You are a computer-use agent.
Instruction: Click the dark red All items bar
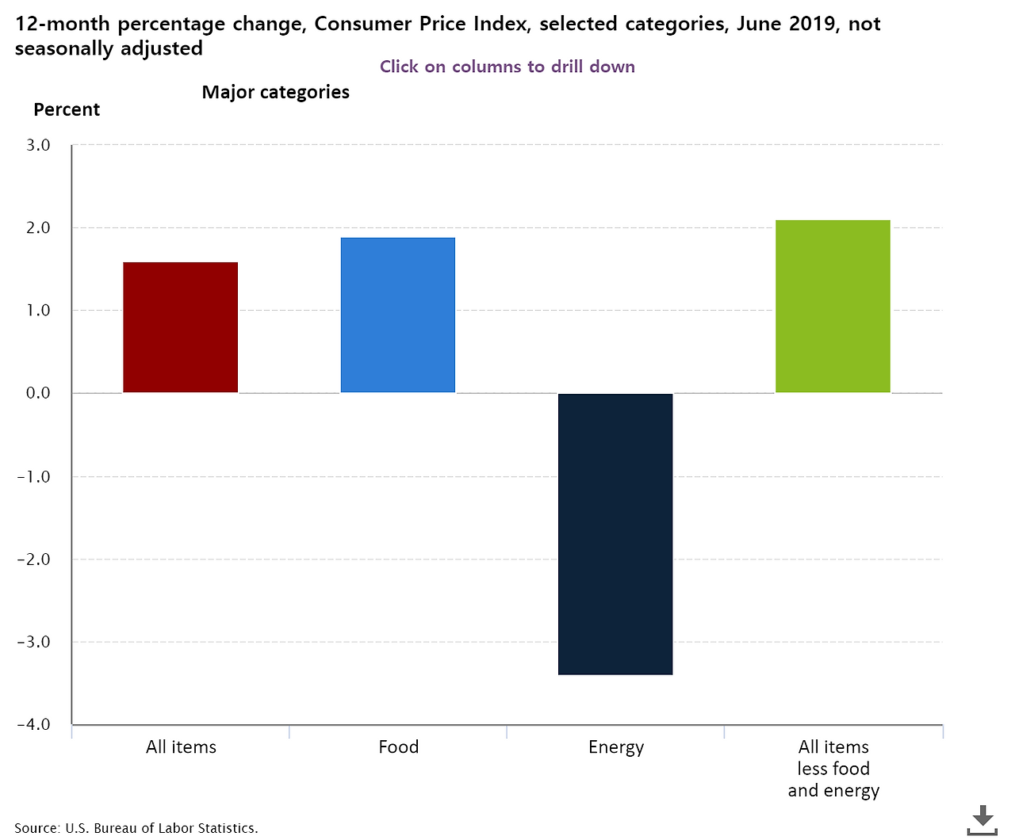pyautogui.click(x=181, y=327)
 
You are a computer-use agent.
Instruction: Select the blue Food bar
pyautogui.click(x=398, y=315)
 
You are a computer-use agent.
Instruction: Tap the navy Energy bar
pyautogui.click(x=615, y=533)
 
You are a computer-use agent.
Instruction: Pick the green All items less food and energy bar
pyautogui.click(x=833, y=306)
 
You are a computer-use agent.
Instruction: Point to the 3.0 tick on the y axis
pyautogui.click(x=38, y=145)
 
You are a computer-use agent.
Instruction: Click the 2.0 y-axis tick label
pyautogui.click(x=38, y=227)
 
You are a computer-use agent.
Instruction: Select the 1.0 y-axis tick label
pyautogui.click(x=38, y=311)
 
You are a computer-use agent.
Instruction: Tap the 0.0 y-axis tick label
pyautogui.click(x=38, y=393)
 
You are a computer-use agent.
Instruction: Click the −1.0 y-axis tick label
pyautogui.click(x=33, y=476)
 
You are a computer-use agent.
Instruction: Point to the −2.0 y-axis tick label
pyautogui.click(x=33, y=559)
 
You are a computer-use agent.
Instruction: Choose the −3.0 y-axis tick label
pyautogui.click(x=33, y=642)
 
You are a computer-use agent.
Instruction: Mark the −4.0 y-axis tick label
pyautogui.click(x=33, y=724)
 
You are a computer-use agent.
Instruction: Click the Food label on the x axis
pyautogui.click(x=398, y=747)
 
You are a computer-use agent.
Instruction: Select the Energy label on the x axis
pyautogui.click(x=616, y=747)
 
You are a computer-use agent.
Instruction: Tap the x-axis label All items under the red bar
pyautogui.click(x=181, y=747)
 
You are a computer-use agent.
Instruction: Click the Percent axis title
pyautogui.click(x=67, y=110)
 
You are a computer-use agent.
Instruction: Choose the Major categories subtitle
pyautogui.click(x=276, y=92)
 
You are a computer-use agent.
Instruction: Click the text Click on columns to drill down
pyautogui.click(x=507, y=67)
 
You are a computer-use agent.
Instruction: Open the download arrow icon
pyautogui.click(x=982, y=819)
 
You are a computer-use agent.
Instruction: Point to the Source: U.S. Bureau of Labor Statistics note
pyautogui.click(x=136, y=828)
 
